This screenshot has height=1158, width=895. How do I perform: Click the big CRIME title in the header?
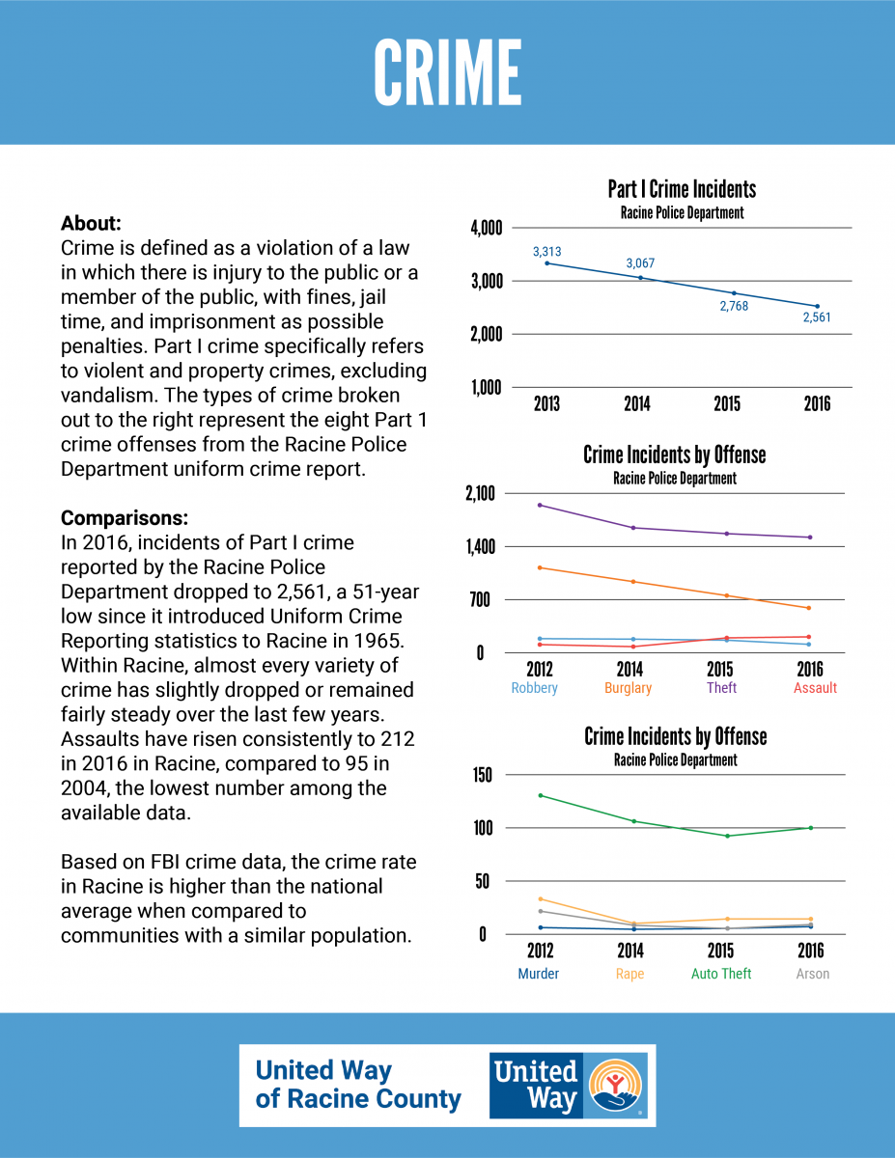(x=448, y=72)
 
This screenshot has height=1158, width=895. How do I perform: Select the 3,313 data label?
(x=546, y=252)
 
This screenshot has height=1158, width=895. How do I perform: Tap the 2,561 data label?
(x=817, y=317)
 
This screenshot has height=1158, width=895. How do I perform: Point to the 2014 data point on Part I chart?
(x=641, y=278)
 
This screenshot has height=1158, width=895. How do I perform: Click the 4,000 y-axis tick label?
(x=487, y=228)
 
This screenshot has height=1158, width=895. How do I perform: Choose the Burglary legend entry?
(x=628, y=688)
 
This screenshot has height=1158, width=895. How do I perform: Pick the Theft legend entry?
(x=721, y=687)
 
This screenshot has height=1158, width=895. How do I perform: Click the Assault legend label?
(x=815, y=687)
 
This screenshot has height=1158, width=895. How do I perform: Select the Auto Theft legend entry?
(x=721, y=974)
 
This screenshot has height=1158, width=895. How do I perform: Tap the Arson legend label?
(x=812, y=974)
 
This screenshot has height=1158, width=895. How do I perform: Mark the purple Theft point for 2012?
(x=540, y=505)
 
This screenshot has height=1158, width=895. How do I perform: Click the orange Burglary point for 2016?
(x=809, y=608)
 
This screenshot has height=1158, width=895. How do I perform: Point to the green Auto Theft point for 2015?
(x=728, y=836)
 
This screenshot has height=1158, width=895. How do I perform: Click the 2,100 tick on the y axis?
(x=480, y=493)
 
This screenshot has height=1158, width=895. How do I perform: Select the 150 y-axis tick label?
(x=483, y=775)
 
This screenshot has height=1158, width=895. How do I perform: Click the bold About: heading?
(x=91, y=223)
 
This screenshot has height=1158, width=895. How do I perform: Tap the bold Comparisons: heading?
(x=125, y=518)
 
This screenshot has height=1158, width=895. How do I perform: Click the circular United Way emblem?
(x=615, y=1085)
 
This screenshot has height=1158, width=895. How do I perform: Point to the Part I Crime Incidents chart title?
(x=682, y=189)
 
